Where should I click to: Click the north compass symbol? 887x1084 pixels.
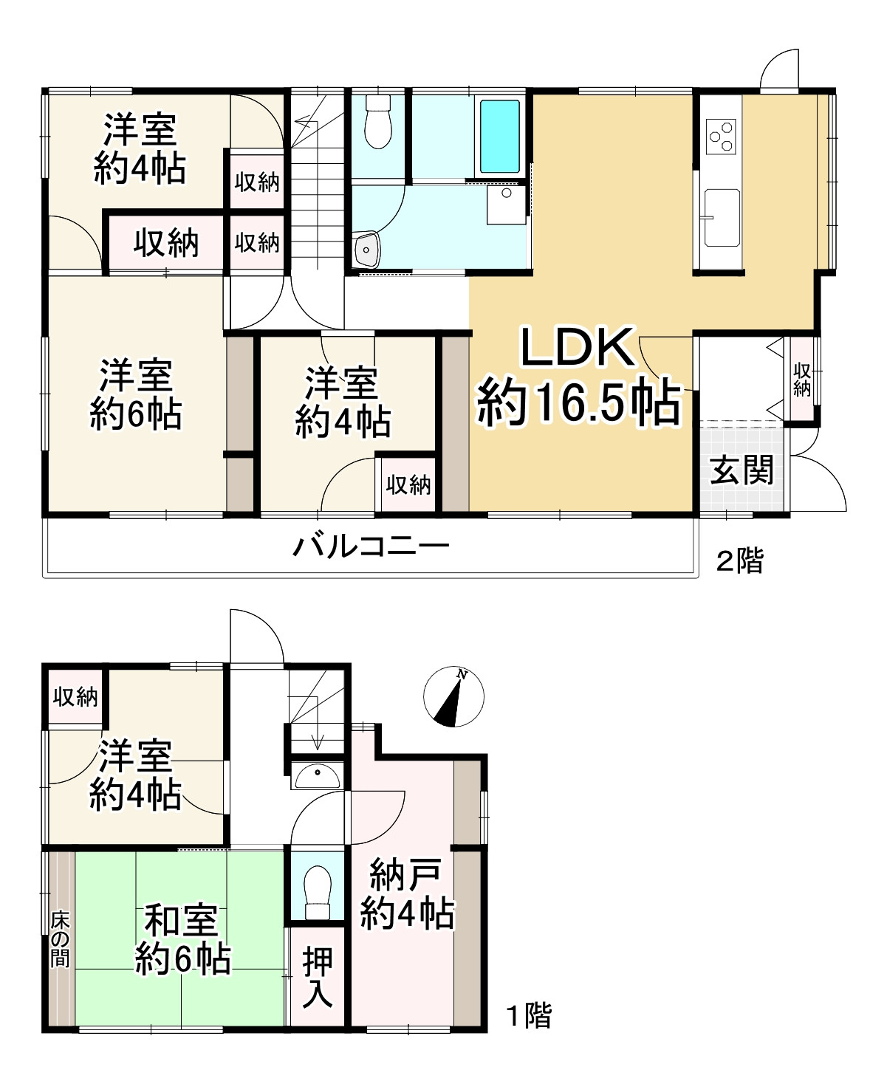point(453,696)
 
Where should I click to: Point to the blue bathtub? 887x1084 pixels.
point(499,136)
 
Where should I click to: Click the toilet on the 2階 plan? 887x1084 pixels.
point(378,122)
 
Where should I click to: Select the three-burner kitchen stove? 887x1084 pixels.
point(721,136)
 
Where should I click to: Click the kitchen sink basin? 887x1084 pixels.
point(722,217)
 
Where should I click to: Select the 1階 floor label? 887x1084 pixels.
point(529,1015)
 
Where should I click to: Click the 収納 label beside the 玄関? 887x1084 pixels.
point(801,380)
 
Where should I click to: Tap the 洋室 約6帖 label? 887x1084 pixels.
point(136,394)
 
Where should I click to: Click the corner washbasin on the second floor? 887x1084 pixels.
point(366,250)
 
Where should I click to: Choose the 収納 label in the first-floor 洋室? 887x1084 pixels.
point(75,697)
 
